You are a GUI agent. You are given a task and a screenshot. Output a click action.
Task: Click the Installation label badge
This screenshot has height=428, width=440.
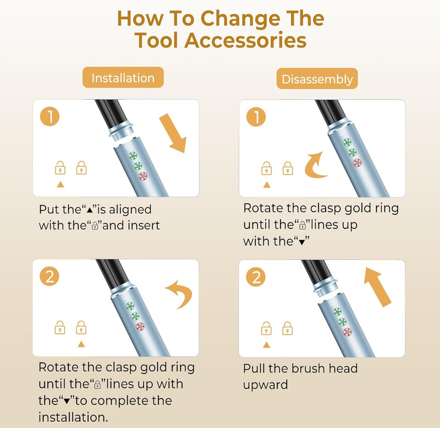tap(123, 78)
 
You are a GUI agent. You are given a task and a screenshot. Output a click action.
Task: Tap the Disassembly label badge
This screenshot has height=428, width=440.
tap(317, 79)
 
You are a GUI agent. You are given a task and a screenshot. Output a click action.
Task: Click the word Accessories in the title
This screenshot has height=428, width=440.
tap(245, 40)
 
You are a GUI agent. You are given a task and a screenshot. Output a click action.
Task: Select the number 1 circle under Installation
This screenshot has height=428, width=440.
tap(50, 116)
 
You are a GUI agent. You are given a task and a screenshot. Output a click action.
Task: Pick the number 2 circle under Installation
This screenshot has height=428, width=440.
tap(50, 277)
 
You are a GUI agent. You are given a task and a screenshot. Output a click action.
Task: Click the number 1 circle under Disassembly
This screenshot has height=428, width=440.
tap(256, 117)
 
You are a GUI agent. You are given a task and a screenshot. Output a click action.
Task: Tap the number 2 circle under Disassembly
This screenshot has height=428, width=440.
tap(256, 277)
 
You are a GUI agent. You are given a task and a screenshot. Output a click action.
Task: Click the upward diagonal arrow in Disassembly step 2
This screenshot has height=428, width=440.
tap(376, 286)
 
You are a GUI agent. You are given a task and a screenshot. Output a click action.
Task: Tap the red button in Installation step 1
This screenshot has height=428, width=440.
tap(143, 176)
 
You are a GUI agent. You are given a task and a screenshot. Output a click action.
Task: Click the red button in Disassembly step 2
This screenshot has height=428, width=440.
tap(348, 332)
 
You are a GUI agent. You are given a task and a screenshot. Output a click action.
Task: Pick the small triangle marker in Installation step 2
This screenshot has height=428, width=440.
tap(81, 344)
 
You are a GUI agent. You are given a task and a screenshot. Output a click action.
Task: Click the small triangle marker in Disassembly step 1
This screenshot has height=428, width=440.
tap(267, 185)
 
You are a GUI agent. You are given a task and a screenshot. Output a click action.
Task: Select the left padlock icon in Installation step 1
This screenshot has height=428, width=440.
tap(60, 168)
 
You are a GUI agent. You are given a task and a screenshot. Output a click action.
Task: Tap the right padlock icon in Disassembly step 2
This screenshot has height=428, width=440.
tap(287, 328)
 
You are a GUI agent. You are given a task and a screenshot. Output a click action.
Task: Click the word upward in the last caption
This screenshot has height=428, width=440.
tap(266, 385)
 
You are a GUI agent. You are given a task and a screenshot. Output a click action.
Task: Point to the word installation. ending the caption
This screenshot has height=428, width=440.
tap(73, 417)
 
